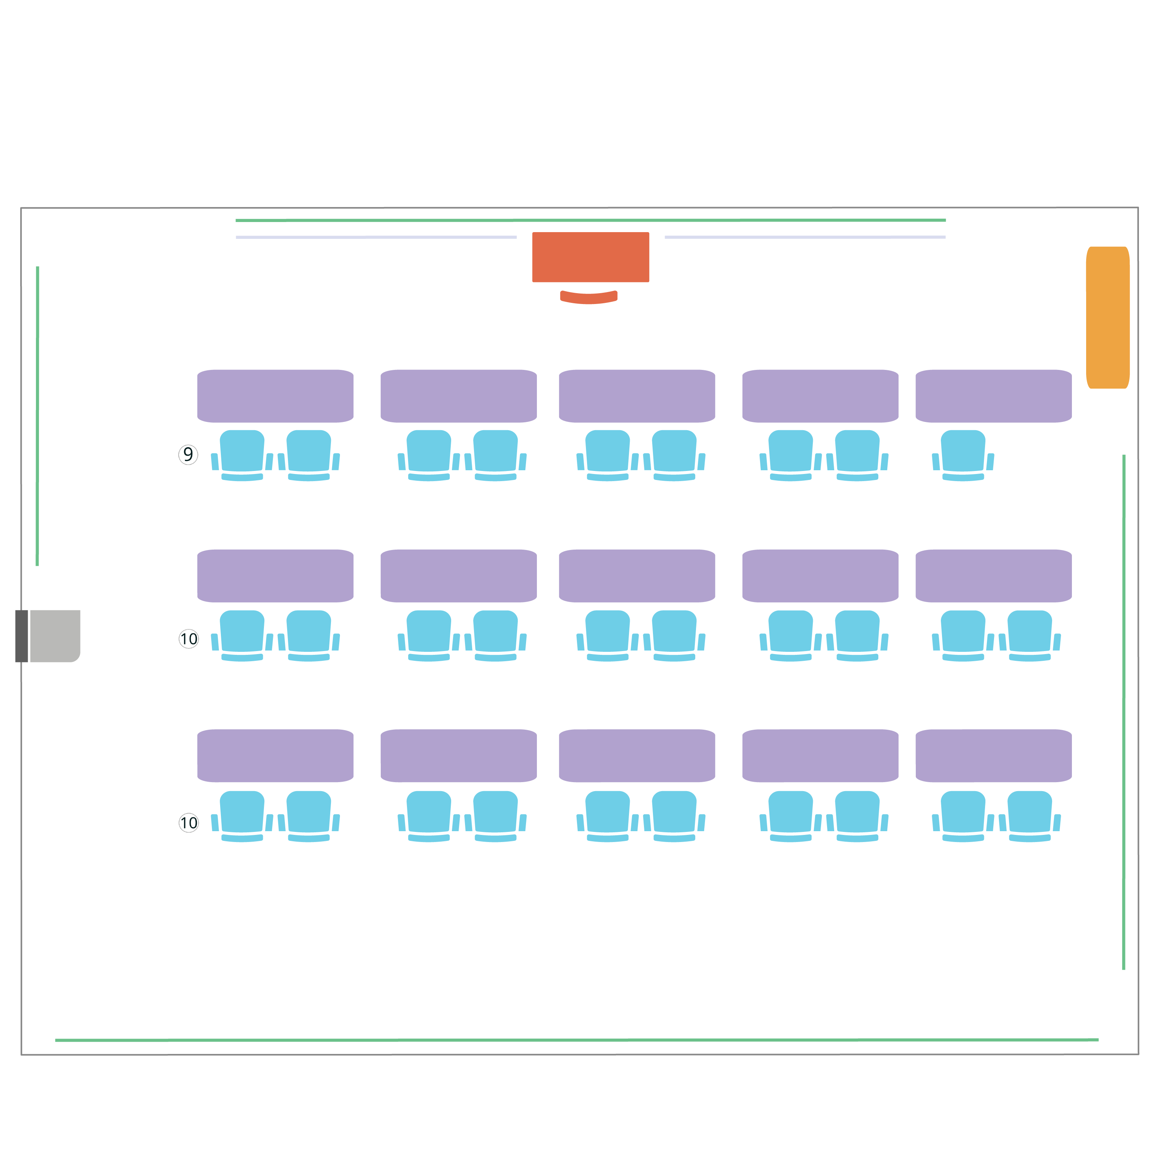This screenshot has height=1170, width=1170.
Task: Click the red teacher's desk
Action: coord(590,257)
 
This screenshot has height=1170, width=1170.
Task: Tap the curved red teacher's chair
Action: coord(589,297)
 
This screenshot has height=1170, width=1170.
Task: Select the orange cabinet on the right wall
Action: coord(1107,317)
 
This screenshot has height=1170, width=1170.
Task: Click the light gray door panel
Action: coord(55,636)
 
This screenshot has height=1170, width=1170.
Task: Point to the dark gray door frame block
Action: coord(22,636)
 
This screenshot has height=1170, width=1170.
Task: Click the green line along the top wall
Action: coord(590,221)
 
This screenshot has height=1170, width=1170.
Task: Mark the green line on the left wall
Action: coord(37,416)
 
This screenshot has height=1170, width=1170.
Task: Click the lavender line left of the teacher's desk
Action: coord(376,237)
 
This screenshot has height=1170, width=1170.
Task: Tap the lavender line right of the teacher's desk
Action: coord(805,237)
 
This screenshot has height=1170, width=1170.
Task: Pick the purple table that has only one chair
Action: coord(994,396)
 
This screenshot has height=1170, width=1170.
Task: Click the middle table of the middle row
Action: coord(637,576)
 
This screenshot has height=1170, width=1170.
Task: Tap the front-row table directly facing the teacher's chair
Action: coord(637,396)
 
